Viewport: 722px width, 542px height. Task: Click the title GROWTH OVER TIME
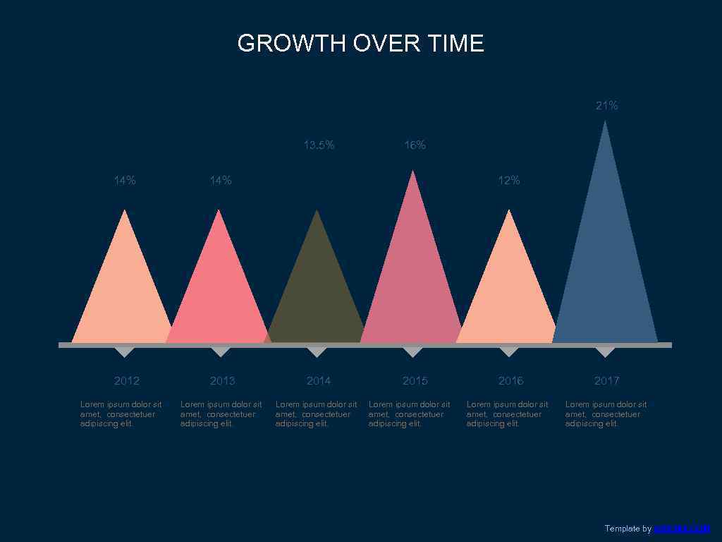coord(360,43)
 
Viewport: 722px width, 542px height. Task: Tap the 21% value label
coord(606,106)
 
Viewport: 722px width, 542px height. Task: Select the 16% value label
coord(415,145)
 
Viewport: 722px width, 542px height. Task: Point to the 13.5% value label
coord(319,145)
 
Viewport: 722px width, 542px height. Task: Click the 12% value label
coord(508,181)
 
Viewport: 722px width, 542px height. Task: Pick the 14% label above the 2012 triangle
coord(125,181)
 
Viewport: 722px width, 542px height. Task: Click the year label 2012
coord(127,381)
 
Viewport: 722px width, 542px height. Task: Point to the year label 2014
coord(319,381)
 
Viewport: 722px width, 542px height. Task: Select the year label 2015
coord(415,381)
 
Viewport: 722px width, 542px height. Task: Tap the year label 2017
coord(606,381)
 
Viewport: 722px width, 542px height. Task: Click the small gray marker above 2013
coord(221,351)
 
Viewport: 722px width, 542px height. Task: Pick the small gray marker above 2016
coord(508,351)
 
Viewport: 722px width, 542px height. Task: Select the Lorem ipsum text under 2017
coord(605,414)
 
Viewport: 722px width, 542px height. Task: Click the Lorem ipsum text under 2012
coord(121,414)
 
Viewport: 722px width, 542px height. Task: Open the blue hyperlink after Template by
coord(681,529)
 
